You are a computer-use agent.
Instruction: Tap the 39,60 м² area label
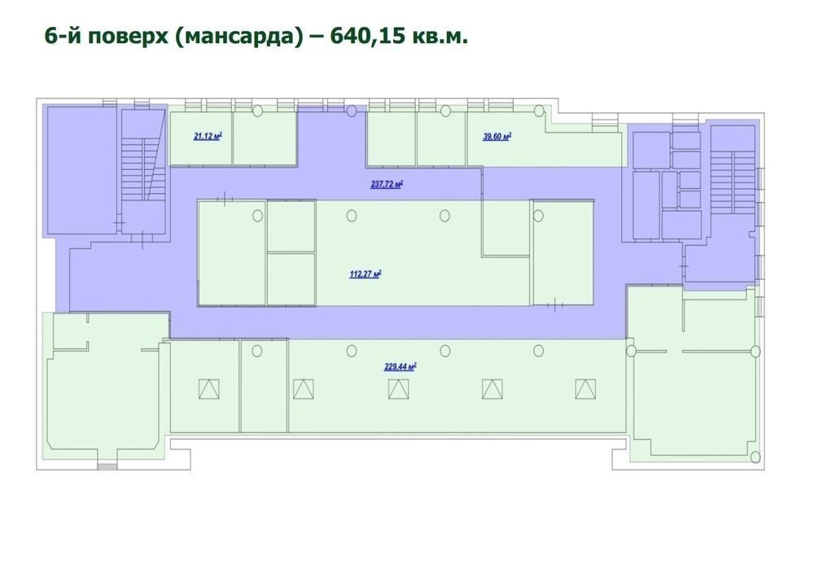(497, 137)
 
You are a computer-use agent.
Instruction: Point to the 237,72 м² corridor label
(387, 184)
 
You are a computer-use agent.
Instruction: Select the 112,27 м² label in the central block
(366, 274)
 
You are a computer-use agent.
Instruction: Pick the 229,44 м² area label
(400, 366)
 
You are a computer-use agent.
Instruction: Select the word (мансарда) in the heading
(239, 37)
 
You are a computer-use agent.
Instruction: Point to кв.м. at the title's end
(440, 37)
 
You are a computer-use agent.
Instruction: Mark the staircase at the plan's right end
(733, 182)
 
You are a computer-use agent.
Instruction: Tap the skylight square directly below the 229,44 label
(398, 389)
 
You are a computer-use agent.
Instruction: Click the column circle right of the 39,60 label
(540, 111)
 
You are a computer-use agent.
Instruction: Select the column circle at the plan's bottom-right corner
(755, 457)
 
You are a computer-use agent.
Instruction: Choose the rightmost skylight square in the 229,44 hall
(585, 389)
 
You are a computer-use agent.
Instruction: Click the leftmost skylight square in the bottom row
(208, 389)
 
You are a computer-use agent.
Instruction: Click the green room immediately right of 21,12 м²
(265, 138)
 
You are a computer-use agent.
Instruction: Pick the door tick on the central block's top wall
(225, 199)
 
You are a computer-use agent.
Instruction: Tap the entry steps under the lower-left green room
(108, 466)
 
